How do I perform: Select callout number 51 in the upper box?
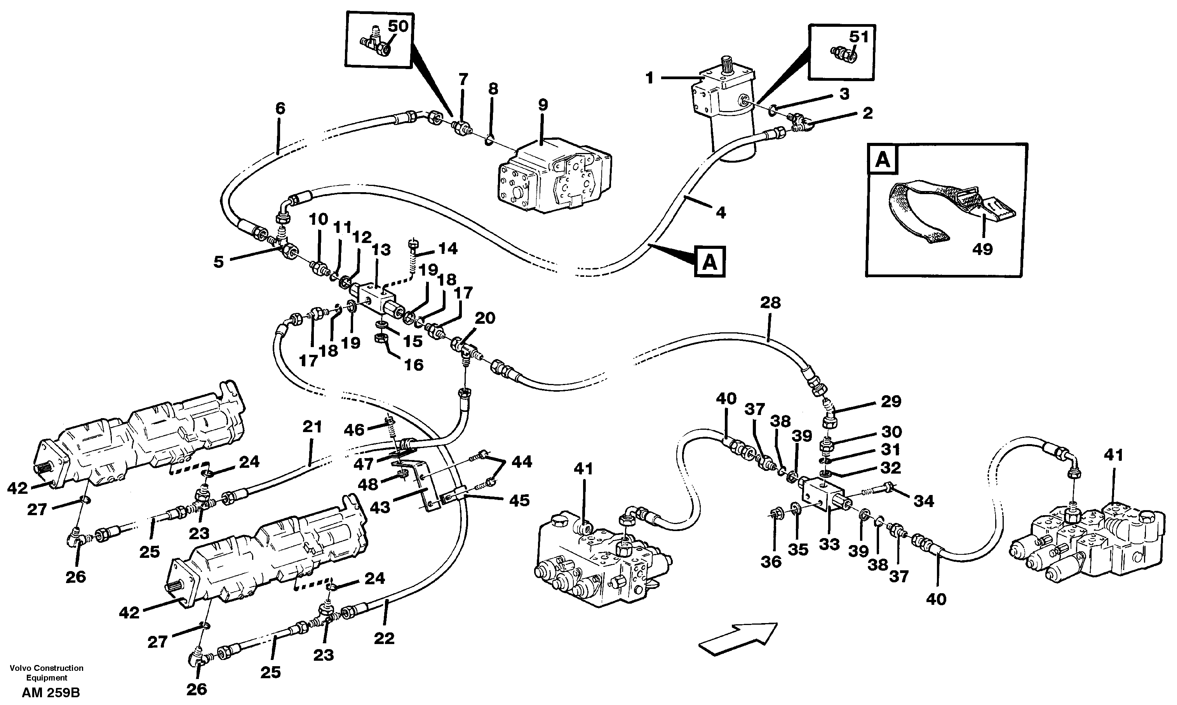coord(858,36)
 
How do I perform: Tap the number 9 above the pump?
coord(543,104)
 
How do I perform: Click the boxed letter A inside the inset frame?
coord(883,160)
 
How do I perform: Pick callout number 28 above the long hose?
coord(770,303)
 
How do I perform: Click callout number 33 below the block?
coord(829,544)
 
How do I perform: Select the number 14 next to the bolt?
coord(447,248)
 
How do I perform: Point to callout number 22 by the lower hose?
coord(384,639)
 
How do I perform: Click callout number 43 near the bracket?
coord(380,507)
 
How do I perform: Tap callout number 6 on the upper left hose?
coord(280,109)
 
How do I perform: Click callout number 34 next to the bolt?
coord(924,501)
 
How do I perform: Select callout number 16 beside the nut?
coord(413,365)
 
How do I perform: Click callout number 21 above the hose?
coord(312,427)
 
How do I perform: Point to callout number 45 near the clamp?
coord(519,500)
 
